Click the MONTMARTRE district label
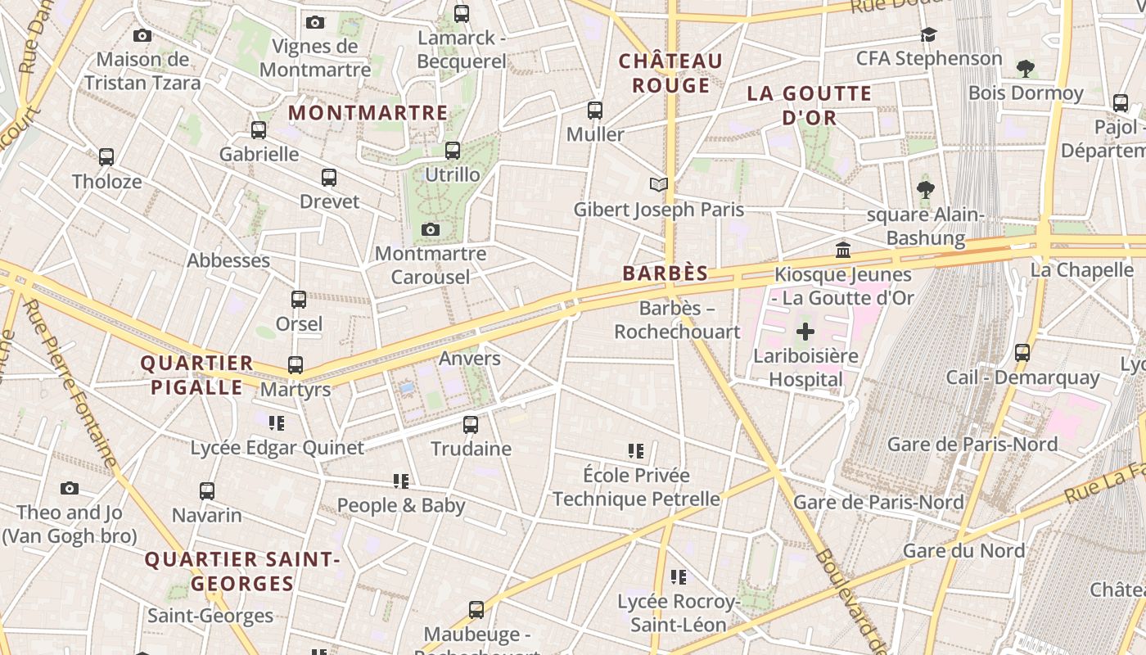pyautogui.click(x=368, y=113)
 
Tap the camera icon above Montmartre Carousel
pyautogui.click(x=431, y=230)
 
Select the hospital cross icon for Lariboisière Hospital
pyautogui.click(x=805, y=332)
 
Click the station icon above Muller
pyautogui.click(x=595, y=110)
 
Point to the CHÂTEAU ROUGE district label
pyautogui.click(x=670, y=73)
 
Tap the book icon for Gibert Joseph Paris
pyautogui.click(x=659, y=184)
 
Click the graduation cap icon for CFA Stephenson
pyautogui.click(x=928, y=34)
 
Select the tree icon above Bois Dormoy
pyautogui.click(x=1025, y=69)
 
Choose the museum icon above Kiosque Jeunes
pyautogui.click(x=843, y=250)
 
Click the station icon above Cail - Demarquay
pyautogui.click(x=1022, y=353)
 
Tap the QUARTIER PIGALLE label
pyautogui.click(x=196, y=375)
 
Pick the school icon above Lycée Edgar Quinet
pyautogui.click(x=277, y=423)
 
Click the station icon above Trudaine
pyautogui.click(x=471, y=425)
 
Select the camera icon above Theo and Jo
pyautogui.click(x=70, y=489)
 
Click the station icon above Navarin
pyautogui.click(x=207, y=491)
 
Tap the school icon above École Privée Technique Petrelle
pyautogui.click(x=636, y=451)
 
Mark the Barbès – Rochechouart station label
pyautogui.click(x=677, y=320)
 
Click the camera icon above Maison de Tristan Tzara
pyautogui.click(x=142, y=36)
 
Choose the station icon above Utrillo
pyautogui.click(x=453, y=151)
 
